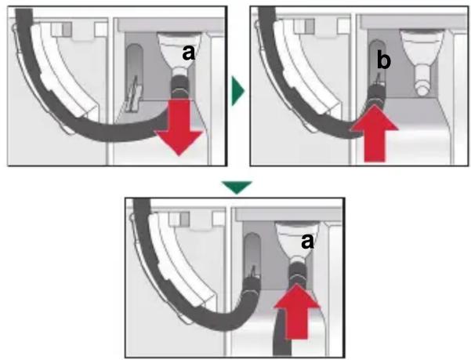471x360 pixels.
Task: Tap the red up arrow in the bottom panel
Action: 297,311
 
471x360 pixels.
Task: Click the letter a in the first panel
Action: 189,54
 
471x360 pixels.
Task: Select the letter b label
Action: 383,60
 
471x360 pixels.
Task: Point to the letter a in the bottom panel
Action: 307,242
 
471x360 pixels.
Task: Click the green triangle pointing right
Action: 238,90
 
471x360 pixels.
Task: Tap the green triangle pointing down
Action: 237,187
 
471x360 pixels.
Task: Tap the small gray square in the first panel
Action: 67,30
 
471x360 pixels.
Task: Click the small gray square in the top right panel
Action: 310,26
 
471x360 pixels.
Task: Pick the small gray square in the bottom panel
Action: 185,219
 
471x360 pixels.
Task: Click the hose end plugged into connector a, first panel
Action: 179,86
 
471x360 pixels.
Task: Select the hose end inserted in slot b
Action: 376,94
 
